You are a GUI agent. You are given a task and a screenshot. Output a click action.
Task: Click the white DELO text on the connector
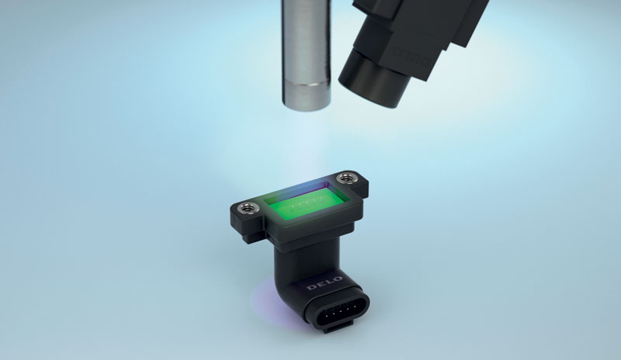pyautogui.click(x=324, y=282)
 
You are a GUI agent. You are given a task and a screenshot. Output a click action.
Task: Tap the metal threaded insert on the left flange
pyautogui.click(x=248, y=207)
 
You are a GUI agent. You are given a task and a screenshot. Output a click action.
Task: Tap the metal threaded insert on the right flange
pyautogui.click(x=346, y=178)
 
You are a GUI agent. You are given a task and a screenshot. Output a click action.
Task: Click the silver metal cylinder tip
pyautogui.click(x=306, y=95)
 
